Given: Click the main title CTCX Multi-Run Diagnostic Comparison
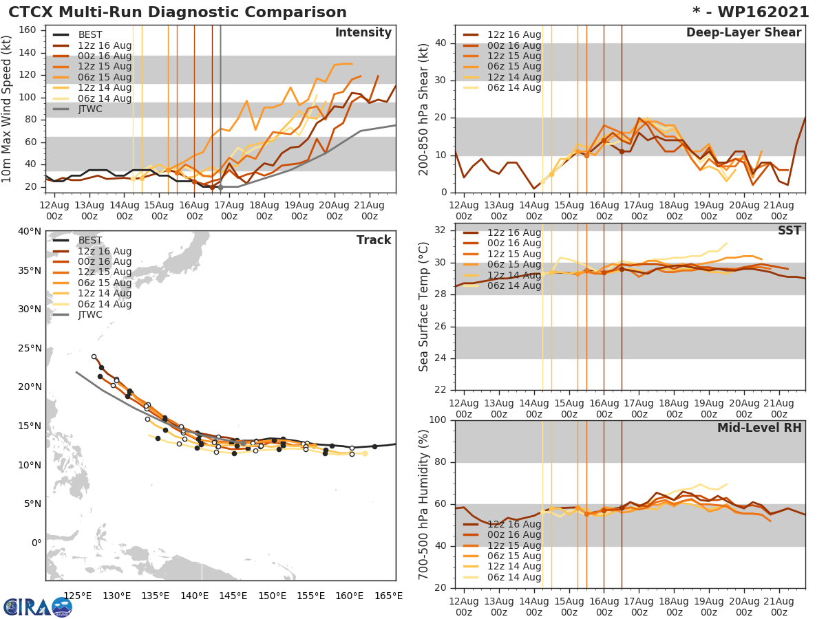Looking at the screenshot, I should point(178,12).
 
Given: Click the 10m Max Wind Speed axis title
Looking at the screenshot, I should point(8,107).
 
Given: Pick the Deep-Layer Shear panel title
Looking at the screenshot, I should point(743,33).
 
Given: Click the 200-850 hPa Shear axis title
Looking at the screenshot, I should point(425,109).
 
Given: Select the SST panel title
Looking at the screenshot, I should point(790,230).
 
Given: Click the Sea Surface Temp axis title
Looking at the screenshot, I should point(425,306).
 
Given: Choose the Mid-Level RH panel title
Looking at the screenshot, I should point(759,428).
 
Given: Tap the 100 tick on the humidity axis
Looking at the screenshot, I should point(438,420).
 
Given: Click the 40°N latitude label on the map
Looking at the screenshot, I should point(30,231).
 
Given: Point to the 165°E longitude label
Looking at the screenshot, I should point(389,595).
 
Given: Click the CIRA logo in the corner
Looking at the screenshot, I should point(37,606).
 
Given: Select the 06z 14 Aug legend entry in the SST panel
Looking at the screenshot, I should point(513,286).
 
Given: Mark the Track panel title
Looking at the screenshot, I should point(374,240).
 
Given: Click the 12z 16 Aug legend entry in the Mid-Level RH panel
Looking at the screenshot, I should point(513,524).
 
